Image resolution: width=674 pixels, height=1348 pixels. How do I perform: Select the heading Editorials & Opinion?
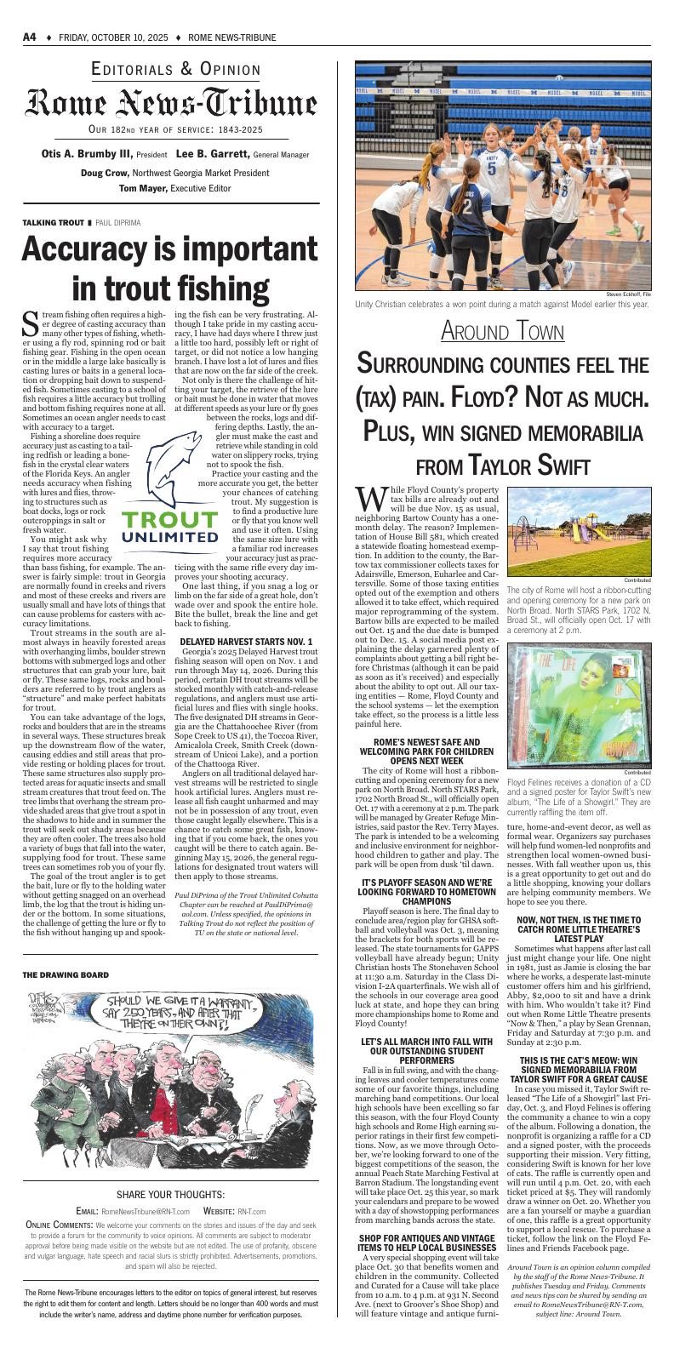click(x=175, y=70)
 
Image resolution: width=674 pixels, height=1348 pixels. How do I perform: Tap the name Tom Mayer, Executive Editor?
click(x=174, y=187)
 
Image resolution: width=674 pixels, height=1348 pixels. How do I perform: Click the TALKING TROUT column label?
click(x=53, y=222)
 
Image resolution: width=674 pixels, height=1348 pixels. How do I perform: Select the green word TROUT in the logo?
click(x=168, y=520)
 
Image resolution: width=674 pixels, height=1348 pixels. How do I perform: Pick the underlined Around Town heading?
click(x=502, y=331)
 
